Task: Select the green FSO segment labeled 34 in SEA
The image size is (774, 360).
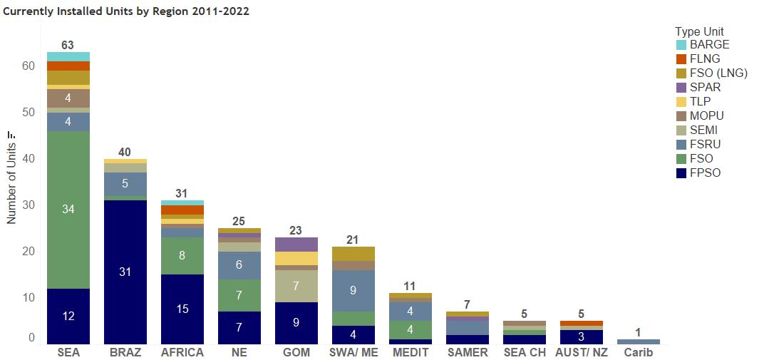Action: (x=68, y=210)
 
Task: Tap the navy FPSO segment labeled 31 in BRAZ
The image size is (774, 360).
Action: (x=125, y=272)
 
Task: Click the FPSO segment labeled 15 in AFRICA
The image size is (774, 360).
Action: (x=182, y=309)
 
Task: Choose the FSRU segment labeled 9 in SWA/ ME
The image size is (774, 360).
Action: (x=354, y=291)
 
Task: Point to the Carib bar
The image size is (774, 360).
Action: (x=639, y=342)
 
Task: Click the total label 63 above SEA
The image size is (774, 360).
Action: (x=68, y=46)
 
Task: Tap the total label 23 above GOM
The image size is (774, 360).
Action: (x=296, y=230)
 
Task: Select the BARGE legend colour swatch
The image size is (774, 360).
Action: (x=681, y=45)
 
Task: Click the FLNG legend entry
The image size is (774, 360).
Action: (x=705, y=59)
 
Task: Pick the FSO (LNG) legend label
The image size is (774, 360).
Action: (x=718, y=73)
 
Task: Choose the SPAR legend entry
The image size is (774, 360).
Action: (x=705, y=88)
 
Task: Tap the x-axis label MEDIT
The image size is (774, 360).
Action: (x=411, y=353)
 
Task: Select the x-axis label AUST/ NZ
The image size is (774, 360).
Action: (x=582, y=353)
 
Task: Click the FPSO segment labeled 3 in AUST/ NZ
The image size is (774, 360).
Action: (x=582, y=336)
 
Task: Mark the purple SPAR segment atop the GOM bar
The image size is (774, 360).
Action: (x=296, y=245)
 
